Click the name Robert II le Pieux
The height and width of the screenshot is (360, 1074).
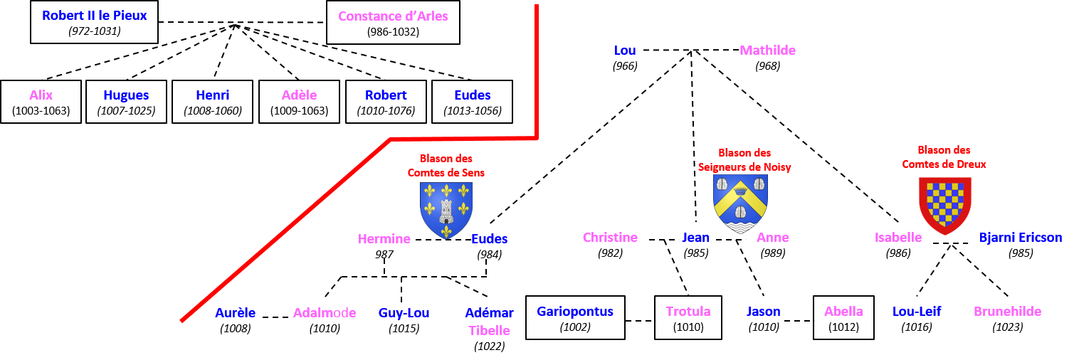point(94,15)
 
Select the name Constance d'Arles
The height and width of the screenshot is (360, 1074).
point(393,16)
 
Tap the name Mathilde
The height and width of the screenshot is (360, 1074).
point(767,51)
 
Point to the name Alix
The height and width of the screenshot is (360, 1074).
point(41,95)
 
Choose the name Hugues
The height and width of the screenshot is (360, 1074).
point(126,95)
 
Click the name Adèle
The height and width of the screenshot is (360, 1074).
point(299,95)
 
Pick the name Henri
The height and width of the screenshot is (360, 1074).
point(212,95)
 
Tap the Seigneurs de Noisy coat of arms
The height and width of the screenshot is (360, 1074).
point(740,203)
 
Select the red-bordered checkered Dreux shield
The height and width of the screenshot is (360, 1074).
point(945,206)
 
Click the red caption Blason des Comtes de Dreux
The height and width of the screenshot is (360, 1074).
point(944,157)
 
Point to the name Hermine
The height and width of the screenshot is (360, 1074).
point(384,239)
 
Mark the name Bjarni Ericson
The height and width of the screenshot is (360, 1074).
point(1020,238)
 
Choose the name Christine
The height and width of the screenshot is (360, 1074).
point(610,238)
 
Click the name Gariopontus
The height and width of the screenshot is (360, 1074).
point(575,311)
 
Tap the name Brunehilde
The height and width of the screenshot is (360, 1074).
point(1007,312)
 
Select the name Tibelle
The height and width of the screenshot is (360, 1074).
point(489,330)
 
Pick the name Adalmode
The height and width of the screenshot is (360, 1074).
point(325,312)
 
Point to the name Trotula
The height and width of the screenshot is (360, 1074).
point(688,312)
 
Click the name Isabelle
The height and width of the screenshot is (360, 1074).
point(897,238)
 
